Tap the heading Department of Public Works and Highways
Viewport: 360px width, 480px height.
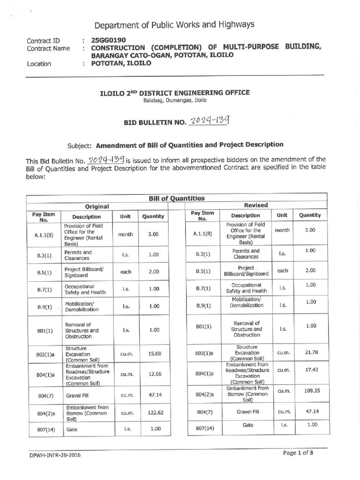174,24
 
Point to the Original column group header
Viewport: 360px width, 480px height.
97,206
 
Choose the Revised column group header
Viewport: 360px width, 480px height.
255,205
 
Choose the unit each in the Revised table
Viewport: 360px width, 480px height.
282,270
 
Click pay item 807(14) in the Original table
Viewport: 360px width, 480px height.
44,429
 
